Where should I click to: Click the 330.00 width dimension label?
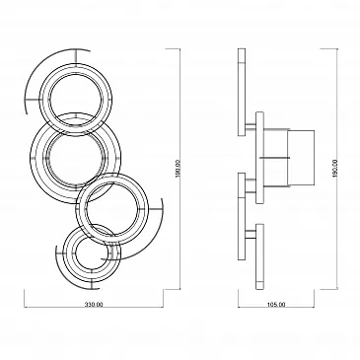94,305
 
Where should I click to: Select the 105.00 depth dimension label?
276,305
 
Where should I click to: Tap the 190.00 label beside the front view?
178,169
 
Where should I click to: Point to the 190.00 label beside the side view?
335,169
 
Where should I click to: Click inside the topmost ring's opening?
76,100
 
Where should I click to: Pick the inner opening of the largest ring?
76,159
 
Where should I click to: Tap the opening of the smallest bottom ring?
90,253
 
